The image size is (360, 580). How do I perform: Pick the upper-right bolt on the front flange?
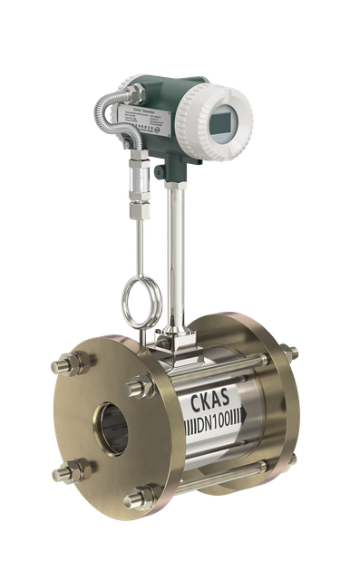pos(139,388)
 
